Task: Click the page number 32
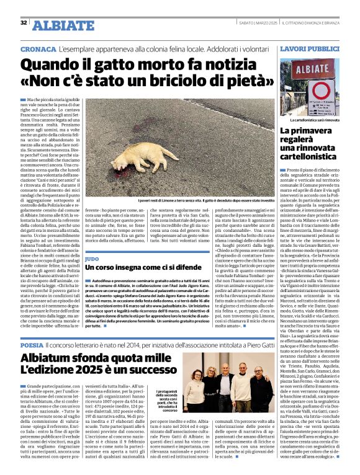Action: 23,23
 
